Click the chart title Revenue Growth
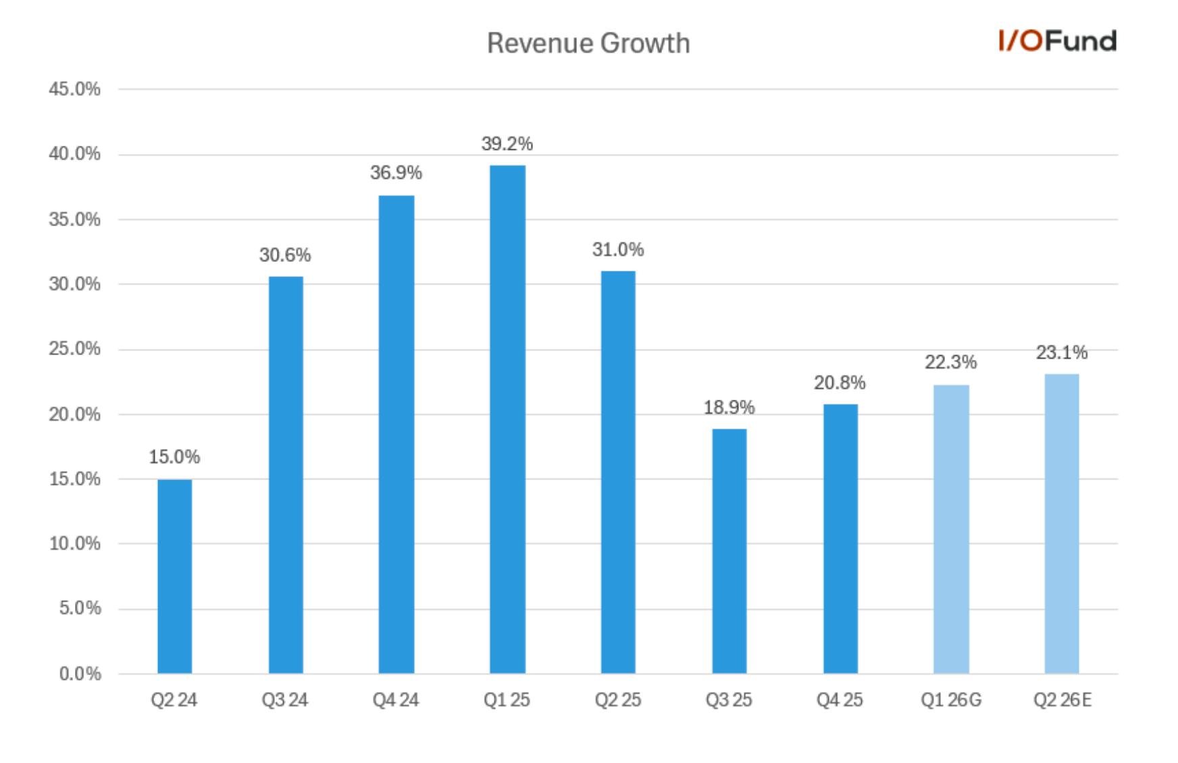(x=588, y=43)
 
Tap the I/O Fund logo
(x=1057, y=41)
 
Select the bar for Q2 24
(x=175, y=576)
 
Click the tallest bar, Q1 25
(x=507, y=419)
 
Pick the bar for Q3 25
(x=729, y=551)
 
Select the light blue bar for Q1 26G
(x=951, y=529)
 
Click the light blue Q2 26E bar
(x=1062, y=523)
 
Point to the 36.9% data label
(x=396, y=173)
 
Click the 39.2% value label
(x=507, y=144)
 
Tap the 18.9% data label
(x=729, y=407)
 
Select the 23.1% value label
(x=1062, y=352)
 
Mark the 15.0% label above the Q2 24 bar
(x=174, y=457)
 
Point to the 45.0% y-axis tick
(x=74, y=89)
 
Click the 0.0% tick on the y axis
(x=80, y=674)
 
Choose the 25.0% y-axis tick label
(x=74, y=349)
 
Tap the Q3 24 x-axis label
(x=285, y=700)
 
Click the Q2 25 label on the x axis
(x=618, y=700)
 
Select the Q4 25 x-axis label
(x=840, y=700)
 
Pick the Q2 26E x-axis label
(x=1062, y=700)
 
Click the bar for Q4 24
(x=396, y=434)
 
